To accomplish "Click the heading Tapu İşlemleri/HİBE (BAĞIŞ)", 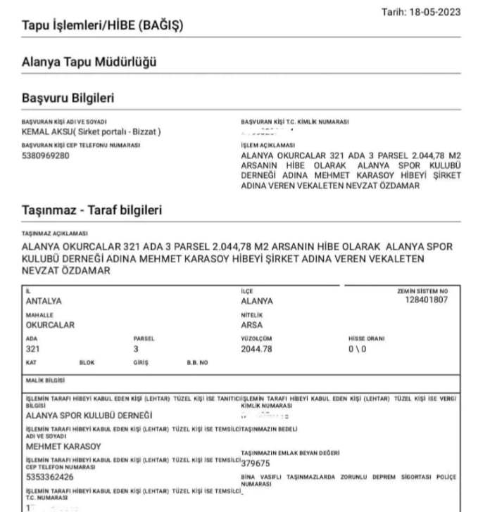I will click(103, 26).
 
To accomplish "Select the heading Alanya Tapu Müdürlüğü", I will click(89, 62).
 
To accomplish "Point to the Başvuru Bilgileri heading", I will click(68, 98).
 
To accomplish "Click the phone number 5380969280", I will click(46, 155).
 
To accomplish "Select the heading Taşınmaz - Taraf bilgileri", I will click(92, 210).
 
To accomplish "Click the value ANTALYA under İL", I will click(44, 301).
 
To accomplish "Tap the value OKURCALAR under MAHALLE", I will click(50, 325).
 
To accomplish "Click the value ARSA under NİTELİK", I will click(251, 325).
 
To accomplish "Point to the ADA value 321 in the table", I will click(32, 349).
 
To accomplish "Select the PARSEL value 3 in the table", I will click(136, 349).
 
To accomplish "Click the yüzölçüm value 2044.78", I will click(256, 349).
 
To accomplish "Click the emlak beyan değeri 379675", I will click(256, 463).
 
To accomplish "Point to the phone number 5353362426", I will click(49, 477).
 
